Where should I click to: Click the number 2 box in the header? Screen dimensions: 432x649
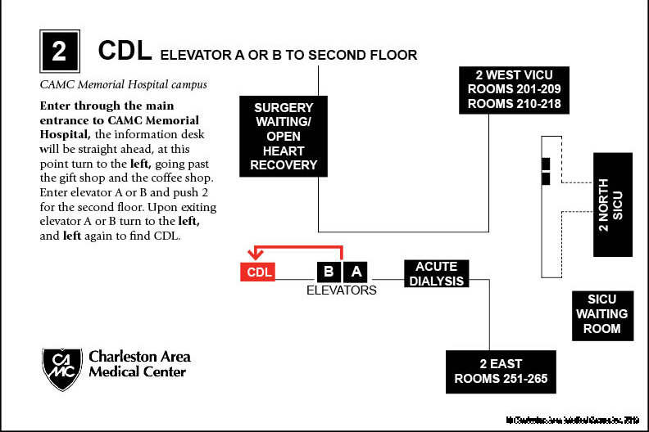click(x=59, y=52)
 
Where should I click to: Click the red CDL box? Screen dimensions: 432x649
click(x=257, y=272)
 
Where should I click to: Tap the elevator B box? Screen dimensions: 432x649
click(x=329, y=272)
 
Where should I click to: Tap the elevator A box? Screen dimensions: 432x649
click(x=355, y=272)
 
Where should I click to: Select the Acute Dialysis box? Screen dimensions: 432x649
click(x=436, y=273)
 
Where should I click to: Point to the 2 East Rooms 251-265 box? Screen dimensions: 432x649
click(x=501, y=371)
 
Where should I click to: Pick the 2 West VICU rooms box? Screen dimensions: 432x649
click(x=513, y=90)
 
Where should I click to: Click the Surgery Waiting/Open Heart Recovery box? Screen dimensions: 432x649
click(x=278, y=136)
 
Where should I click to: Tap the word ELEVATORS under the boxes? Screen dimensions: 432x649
click(x=341, y=290)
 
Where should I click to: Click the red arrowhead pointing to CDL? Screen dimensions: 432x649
click(x=257, y=258)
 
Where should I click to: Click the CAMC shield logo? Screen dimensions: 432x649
click(x=62, y=367)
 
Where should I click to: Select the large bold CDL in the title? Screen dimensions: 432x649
click(x=125, y=52)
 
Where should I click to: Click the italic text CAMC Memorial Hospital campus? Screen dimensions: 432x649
click(x=124, y=84)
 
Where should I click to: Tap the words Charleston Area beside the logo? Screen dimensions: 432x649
click(x=139, y=357)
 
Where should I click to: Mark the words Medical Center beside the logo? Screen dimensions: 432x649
click(x=137, y=372)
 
